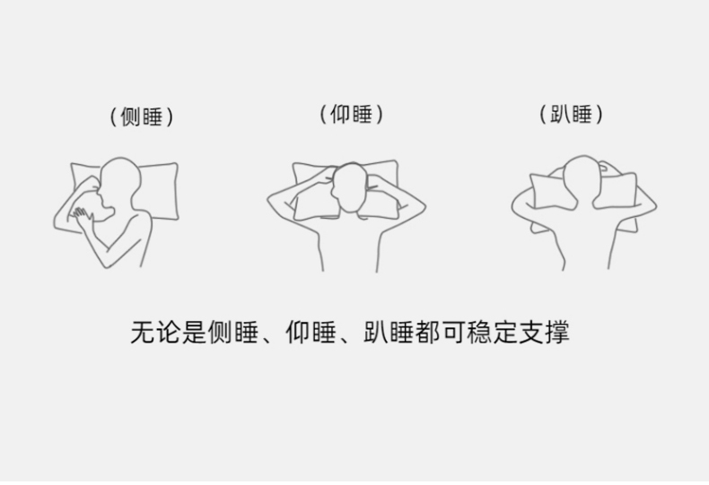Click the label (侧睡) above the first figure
142,117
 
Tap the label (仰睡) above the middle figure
351,114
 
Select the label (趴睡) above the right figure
571,114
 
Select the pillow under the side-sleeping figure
159,191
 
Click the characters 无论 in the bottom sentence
155,333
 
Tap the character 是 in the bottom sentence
194,333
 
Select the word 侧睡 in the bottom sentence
232,333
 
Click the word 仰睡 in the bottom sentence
311,333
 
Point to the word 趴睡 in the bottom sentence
389,333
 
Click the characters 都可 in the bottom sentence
440,333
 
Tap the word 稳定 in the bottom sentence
492,333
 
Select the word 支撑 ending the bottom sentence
544,333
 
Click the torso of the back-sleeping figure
349,247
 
